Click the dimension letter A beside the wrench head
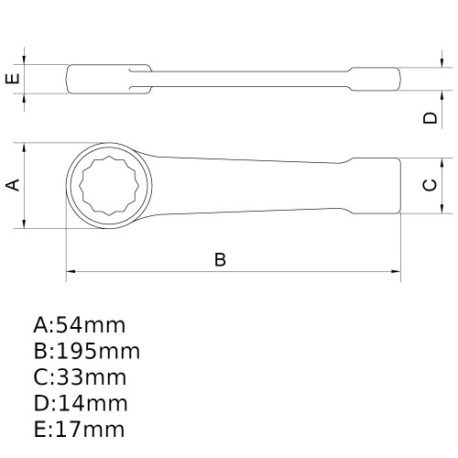(x=13, y=185)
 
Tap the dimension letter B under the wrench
(x=220, y=259)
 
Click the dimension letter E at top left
(x=13, y=78)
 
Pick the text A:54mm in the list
(x=79, y=325)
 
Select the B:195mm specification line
(x=86, y=352)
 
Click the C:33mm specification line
(x=79, y=377)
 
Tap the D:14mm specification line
(x=79, y=403)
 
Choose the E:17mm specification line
(x=79, y=429)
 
